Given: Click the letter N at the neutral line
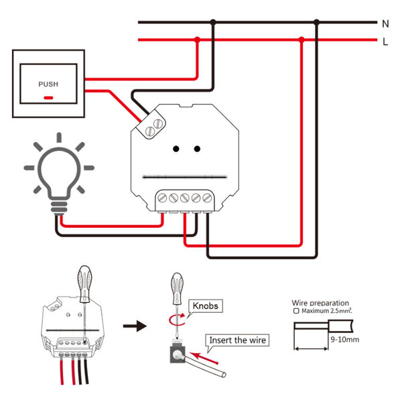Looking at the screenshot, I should pyautogui.click(x=385, y=23).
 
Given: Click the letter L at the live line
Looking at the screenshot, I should pyautogui.click(x=385, y=42).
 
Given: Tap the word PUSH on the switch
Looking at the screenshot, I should pyautogui.click(x=48, y=84).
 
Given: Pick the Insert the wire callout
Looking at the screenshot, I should pyautogui.click(x=238, y=340).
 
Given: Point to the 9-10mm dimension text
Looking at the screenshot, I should pyautogui.click(x=346, y=340).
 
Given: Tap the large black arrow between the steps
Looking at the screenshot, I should pyautogui.click(x=136, y=326).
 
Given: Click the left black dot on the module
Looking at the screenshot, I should pyautogui.click(x=175, y=149).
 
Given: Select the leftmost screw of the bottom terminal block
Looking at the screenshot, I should pyautogui.click(x=163, y=198).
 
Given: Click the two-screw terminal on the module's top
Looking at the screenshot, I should pyautogui.click(x=154, y=126).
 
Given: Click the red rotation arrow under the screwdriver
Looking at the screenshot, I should pyautogui.click(x=178, y=319).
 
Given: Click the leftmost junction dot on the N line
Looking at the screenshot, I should pyautogui.click(x=213, y=22).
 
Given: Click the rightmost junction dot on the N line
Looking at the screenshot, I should pyautogui.click(x=317, y=22).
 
